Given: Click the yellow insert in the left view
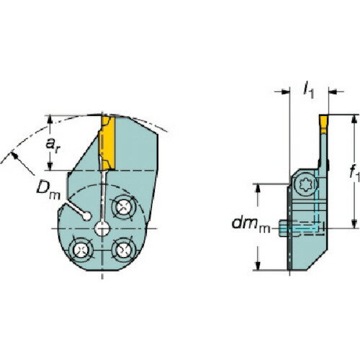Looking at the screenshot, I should point(107,142).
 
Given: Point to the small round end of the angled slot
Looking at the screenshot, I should point(86,214).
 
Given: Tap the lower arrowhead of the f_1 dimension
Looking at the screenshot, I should point(354,222).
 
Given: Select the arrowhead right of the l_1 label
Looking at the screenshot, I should point(333,92).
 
